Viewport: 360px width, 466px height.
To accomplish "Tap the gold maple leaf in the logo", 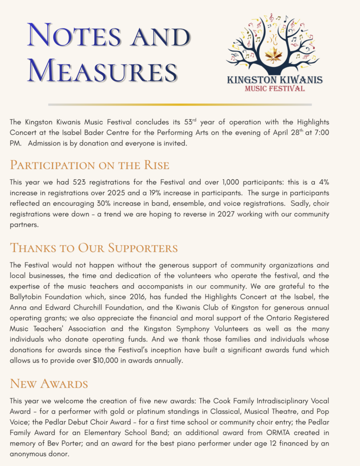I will pyautogui.click(x=274, y=56).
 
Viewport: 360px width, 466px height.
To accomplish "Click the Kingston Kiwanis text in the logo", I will pyautogui.click(x=274, y=80).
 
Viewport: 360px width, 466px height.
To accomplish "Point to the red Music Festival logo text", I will pyautogui.click(x=274, y=88).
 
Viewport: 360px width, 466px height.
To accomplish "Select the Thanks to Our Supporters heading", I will pyautogui.click(x=94, y=248).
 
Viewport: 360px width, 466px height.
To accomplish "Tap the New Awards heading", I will pyautogui.click(x=49, y=384).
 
